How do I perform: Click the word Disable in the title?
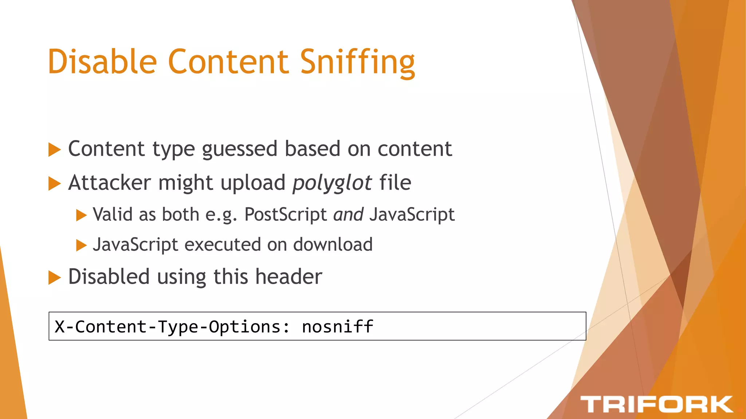click(102, 62)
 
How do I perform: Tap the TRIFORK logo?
click(656, 404)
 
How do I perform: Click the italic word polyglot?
click(332, 183)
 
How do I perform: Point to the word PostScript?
click(286, 214)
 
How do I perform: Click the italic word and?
click(348, 214)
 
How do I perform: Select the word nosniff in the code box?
click(337, 326)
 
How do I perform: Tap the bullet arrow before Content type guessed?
click(54, 149)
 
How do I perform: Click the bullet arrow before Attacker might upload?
click(54, 183)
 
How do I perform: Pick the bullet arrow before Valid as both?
click(81, 215)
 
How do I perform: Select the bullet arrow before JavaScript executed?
click(81, 246)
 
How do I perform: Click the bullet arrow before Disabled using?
click(54, 278)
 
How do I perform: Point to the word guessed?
click(240, 149)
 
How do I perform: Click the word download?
click(333, 244)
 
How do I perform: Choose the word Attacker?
click(109, 183)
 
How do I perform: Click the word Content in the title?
click(228, 62)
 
